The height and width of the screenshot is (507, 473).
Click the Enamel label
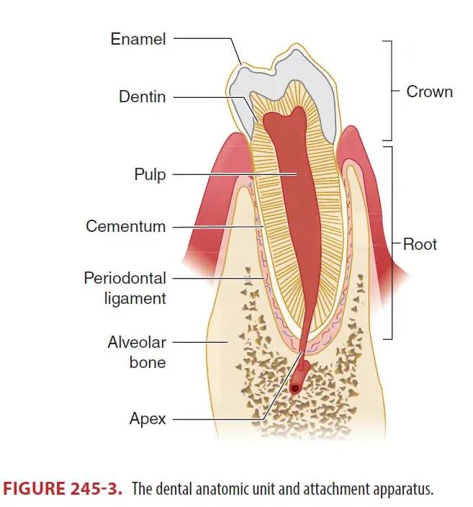pyautogui.click(x=138, y=39)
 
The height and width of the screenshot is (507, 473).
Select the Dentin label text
pyautogui.click(x=142, y=96)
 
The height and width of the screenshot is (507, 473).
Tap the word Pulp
pyautogui.click(x=150, y=174)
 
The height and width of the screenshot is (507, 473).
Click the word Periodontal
pyautogui.click(x=125, y=278)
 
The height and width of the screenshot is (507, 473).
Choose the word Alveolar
pyautogui.click(x=137, y=342)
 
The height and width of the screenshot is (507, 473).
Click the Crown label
pyautogui.click(x=429, y=91)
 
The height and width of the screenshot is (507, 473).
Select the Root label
pyautogui.click(x=420, y=244)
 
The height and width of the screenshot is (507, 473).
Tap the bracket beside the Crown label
pyautogui.click(x=389, y=91)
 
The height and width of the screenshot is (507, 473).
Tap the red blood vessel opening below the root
pyautogui.click(x=294, y=389)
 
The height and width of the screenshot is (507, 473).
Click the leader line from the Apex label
pyautogui.click(x=216, y=418)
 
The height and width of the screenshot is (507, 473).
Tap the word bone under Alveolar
pyautogui.click(x=148, y=362)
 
